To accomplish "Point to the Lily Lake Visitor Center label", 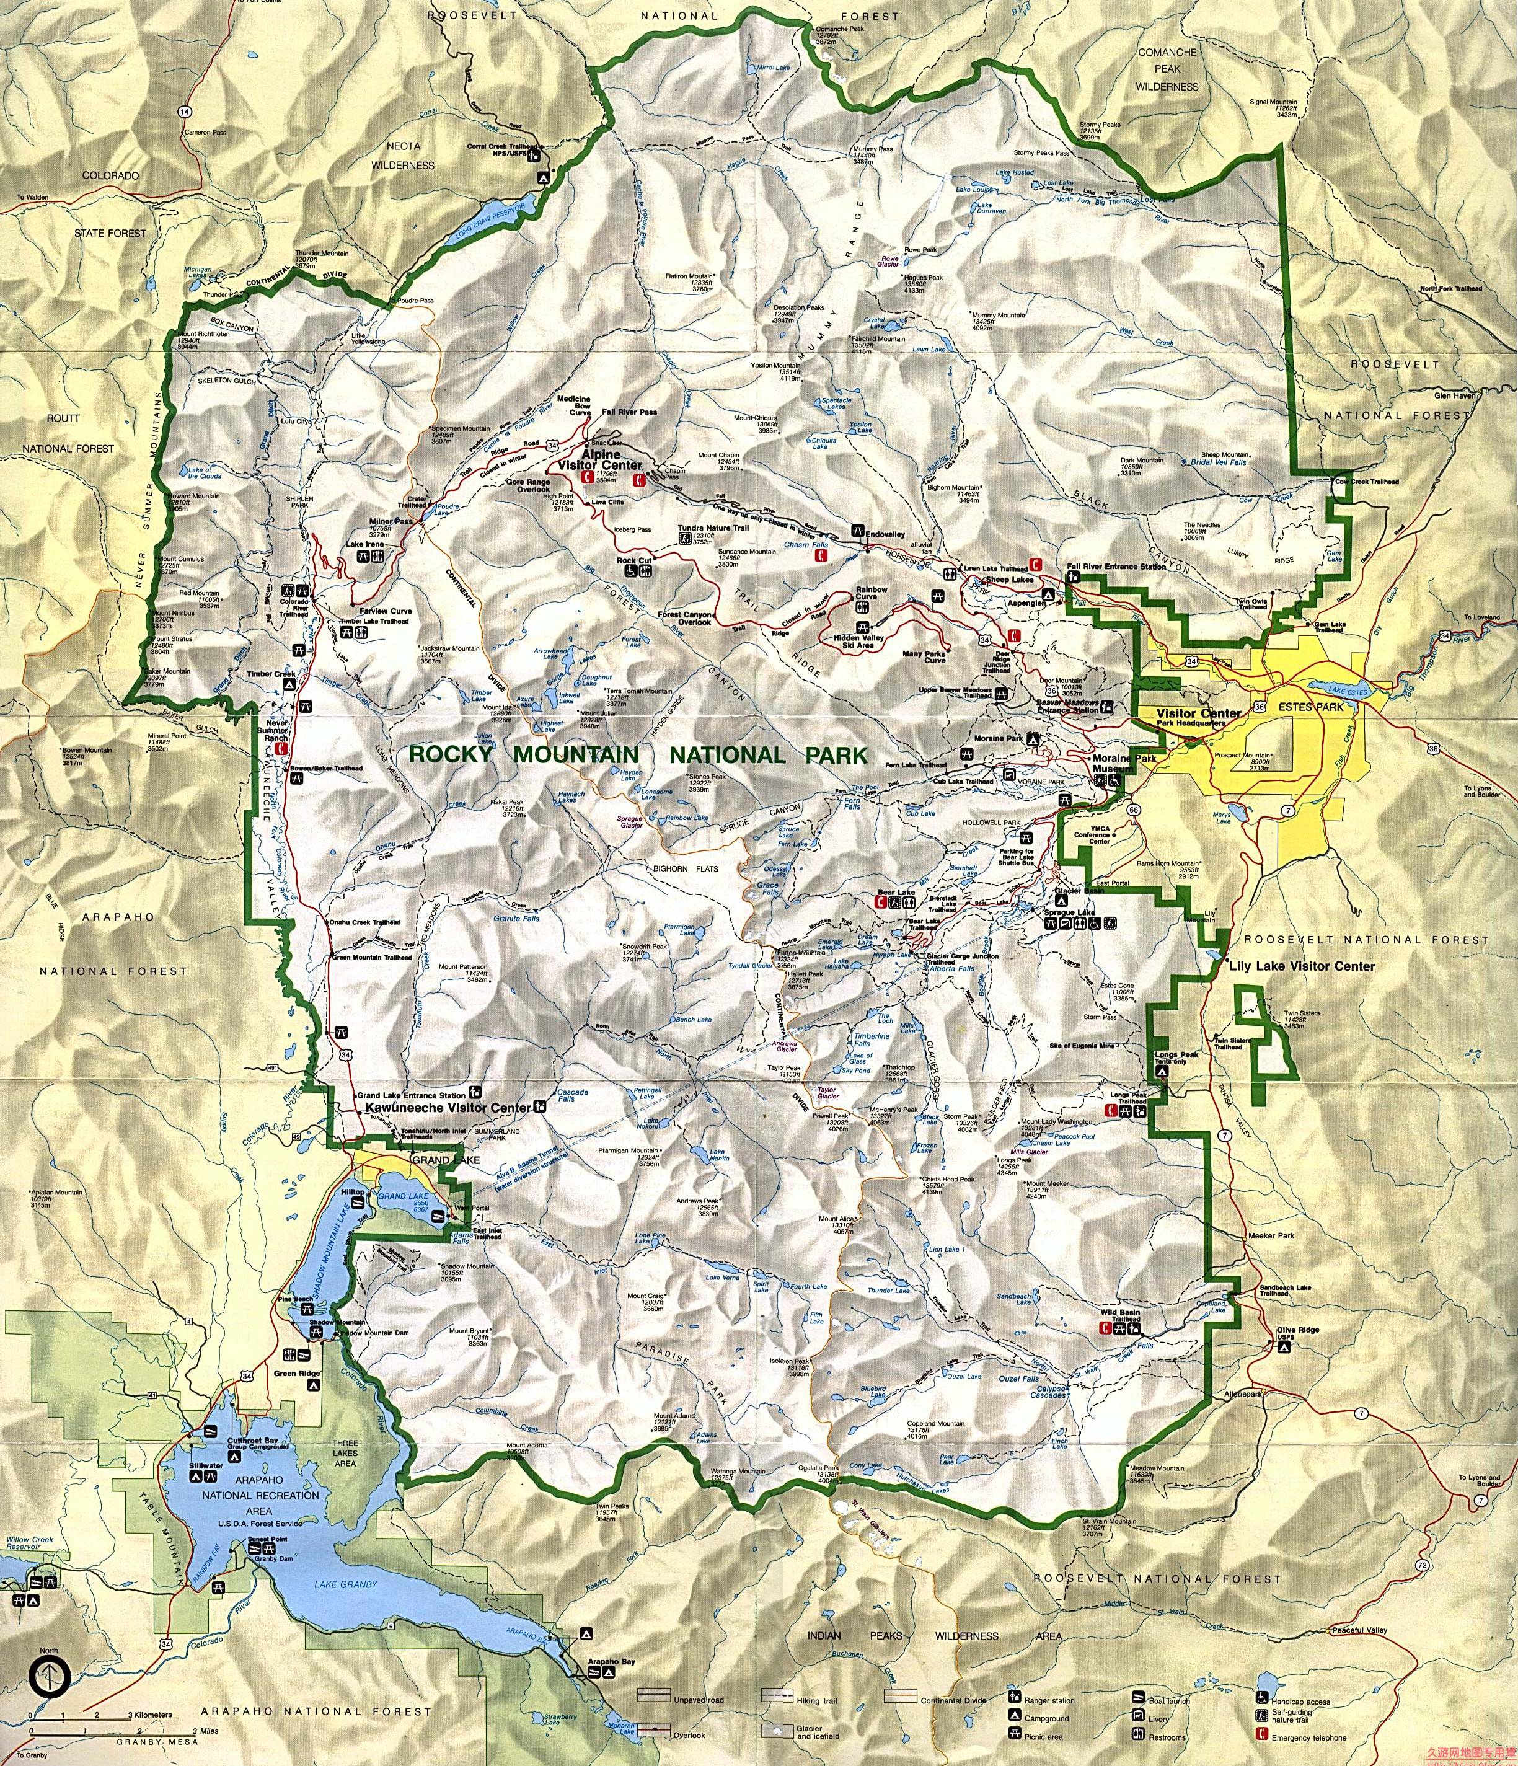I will (1300, 966).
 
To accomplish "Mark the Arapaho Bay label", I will (612, 1638).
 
